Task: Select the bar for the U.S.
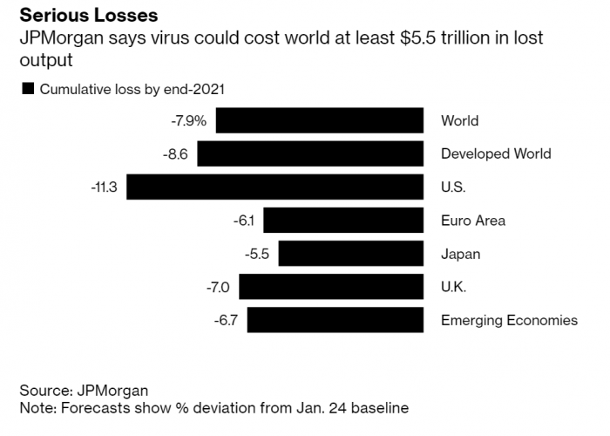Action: pyautogui.click(x=275, y=187)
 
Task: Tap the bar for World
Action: pyautogui.click(x=320, y=120)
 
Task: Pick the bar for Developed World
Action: pyautogui.click(x=310, y=153)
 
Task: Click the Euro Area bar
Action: pyautogui.click(x=343, y=220)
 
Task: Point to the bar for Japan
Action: pyautogui.click(x=351, y=254)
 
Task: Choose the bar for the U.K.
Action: pyautogui.click(x=331, y=287)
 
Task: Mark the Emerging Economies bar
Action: pyautogui.click(x=335, y=320)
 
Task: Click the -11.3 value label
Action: pyautogui.click(x=104, y=187)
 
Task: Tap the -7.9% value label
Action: pyautogui.click(x=189, y=120)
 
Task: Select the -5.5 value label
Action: pyautogui.click(x=258, y=254)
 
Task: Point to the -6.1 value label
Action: pyautogui.click(x=243, y=220)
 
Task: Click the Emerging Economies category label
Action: pyautogui.click(x=509, y=320)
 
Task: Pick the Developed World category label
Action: pyautogui.click(x=496, y=153)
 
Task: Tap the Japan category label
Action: pyautogui.click(x=461, y=254)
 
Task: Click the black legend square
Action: pyautogui.click(x=27, y=88)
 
